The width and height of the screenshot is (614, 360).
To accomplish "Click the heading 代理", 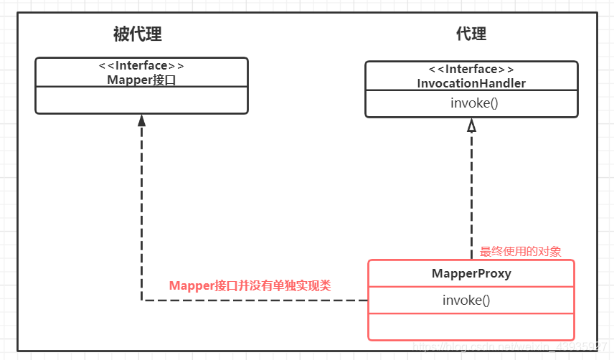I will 471,34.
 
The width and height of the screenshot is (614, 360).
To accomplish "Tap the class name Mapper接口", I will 141,80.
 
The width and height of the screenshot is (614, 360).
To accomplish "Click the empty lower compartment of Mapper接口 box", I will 141,100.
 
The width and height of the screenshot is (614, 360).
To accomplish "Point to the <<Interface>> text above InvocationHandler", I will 471,70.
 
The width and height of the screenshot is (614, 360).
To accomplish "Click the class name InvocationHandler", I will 471,83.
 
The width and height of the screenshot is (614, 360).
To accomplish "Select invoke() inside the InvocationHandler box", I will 471,103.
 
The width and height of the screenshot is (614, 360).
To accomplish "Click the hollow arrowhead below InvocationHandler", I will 471,125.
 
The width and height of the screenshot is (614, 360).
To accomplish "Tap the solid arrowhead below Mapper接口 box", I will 142,122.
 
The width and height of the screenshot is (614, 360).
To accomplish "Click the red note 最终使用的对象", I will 520,251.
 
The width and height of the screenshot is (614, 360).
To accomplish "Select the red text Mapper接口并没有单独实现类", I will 250,285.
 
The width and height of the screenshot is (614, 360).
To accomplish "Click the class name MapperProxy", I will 471,274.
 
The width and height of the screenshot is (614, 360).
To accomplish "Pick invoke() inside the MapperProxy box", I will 466,300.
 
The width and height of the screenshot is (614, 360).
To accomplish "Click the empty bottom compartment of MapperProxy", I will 471,326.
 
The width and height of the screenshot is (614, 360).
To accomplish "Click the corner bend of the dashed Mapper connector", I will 142,300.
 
